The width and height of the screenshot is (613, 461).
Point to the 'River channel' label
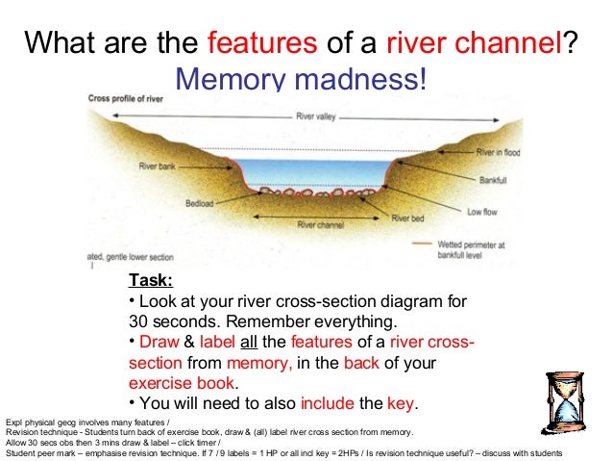click(x=320, y=224)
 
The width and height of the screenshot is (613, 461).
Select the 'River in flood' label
click(x=499, y=153)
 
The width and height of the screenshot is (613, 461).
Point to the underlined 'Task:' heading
click(x=150, y=281)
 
